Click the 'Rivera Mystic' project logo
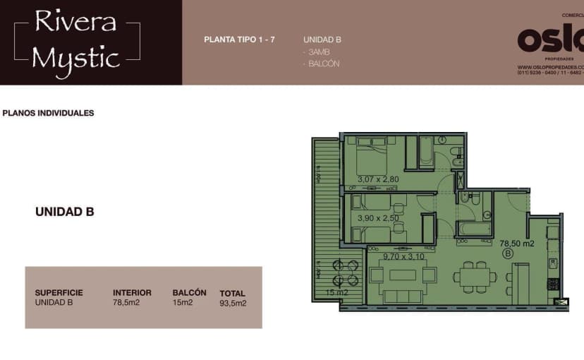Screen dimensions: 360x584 [76, 40]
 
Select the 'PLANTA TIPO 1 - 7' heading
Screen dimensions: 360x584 [239, 40]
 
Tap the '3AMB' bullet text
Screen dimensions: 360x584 [317, 52]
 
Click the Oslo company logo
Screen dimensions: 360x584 [550, 40]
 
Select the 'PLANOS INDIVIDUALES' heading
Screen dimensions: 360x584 [49, 113]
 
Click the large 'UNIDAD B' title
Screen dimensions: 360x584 [65, 211]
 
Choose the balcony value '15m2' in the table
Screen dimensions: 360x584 [183, 303]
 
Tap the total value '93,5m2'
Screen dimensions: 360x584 [233, 304]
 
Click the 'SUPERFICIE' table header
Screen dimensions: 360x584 [59, 292]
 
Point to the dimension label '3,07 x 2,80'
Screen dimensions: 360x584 [378, 179]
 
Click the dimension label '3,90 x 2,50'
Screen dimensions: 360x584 [378, 218]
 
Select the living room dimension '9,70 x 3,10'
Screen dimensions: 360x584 [404, 256]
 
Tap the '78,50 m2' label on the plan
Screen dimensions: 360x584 [517, 244]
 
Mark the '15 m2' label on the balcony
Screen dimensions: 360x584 [337, 292]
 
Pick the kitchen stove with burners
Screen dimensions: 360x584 [554, 284]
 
